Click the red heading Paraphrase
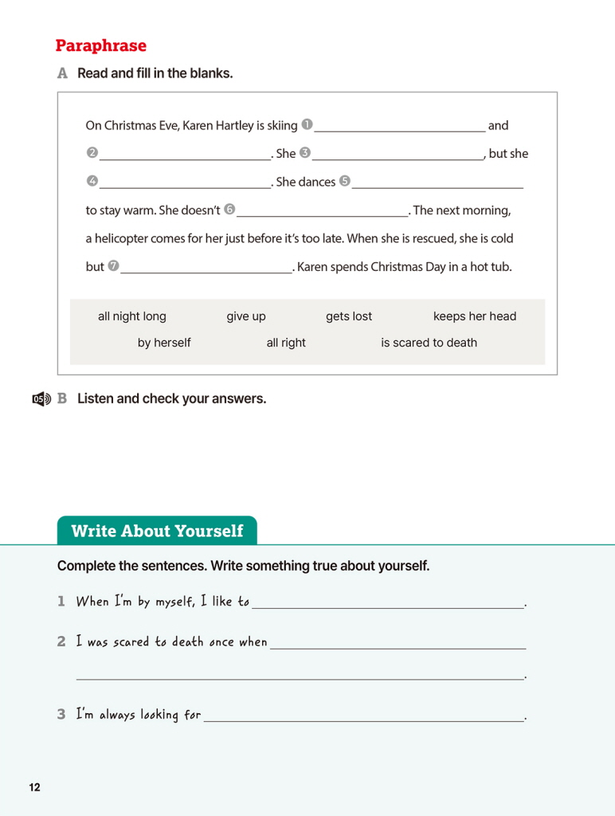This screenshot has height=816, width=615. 101,45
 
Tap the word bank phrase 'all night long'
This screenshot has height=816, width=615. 132,316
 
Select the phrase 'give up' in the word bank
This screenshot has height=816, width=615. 246,316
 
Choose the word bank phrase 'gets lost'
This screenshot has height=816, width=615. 349,316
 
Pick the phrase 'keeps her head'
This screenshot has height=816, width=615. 475,316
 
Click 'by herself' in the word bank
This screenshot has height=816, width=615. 164,343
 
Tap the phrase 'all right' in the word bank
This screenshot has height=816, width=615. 286,343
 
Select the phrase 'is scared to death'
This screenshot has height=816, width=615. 429,343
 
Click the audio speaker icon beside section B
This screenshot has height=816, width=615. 41,399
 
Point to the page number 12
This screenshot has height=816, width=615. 34,787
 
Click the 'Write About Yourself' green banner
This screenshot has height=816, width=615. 157,531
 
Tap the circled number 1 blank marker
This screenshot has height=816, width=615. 307,124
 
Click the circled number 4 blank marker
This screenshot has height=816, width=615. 92,181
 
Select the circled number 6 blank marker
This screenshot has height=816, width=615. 229,210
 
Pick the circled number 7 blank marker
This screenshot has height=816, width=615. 113,266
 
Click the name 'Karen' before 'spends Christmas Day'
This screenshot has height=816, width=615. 312,267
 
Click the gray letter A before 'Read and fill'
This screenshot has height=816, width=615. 63,73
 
